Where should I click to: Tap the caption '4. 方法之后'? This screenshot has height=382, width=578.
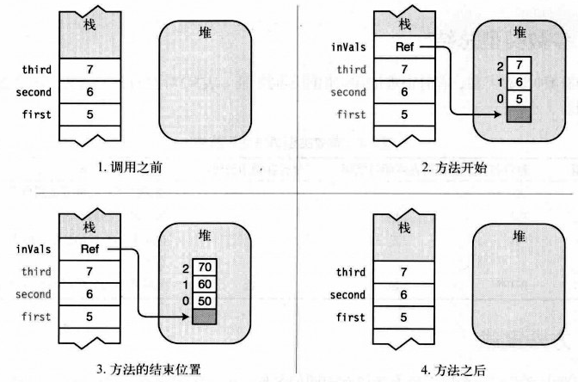pyautogui.click(x=454, y=370)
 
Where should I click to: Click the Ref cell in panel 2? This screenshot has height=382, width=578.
pyautogui.click(x=404, y=46)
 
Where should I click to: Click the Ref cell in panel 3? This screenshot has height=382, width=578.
pyautogui.click(x=89, y=249)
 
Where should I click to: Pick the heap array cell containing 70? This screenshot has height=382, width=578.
pyautogui.click(x=204, y=267)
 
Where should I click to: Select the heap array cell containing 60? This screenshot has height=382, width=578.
pyautogui.click(x=204, y=283)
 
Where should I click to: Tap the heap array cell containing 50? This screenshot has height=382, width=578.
pyautogui.click(x=204, y=300)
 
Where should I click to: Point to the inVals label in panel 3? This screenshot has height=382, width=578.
pyautogui.click(x=33, y=250)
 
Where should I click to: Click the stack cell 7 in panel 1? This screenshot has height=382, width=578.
pyautogui.click(x=89, y=69)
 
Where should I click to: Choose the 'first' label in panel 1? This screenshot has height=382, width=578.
pyautogui.click(x=36, y=114)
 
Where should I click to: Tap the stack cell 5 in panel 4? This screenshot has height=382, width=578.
pyautogui.click(x=405, y=317)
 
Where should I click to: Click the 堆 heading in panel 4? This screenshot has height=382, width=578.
pyautogui.click(x=520, y=236)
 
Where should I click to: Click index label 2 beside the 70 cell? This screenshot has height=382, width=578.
pyautogui.click(x=185, y=267)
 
